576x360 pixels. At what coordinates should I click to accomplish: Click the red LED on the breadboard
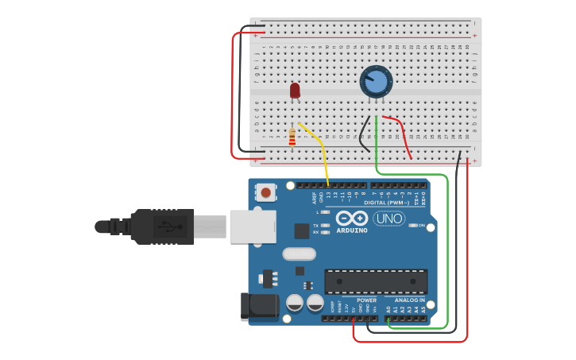295,90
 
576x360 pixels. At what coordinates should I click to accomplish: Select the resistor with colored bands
292,137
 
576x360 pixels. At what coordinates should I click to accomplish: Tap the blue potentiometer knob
377,81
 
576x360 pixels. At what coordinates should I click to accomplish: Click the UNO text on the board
389,219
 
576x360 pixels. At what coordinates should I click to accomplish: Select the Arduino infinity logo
351,219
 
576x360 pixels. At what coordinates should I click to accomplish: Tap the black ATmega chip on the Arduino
376,281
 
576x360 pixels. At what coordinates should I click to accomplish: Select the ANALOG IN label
407,300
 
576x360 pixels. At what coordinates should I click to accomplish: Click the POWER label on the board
367,300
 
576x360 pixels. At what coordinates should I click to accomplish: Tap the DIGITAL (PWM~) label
387,203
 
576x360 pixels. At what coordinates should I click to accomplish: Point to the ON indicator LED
412,226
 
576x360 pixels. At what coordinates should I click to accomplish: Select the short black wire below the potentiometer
364,135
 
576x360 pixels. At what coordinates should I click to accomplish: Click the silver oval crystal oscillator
299,254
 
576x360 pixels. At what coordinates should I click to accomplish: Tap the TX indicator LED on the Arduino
325,226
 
